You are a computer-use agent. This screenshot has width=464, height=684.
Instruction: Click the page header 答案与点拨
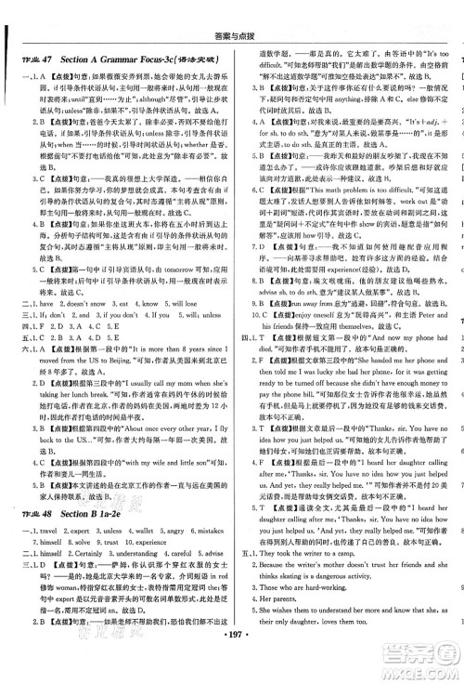[231, 12]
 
